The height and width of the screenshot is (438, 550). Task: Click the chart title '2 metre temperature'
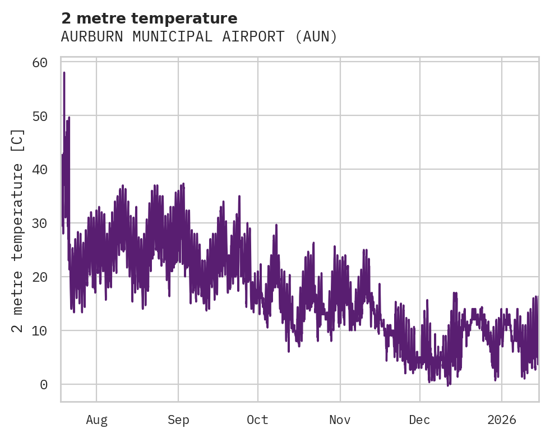pos(149,18)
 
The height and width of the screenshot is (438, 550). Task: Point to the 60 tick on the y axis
pos(39,62)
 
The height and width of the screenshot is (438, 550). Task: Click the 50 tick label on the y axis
pos(39,116)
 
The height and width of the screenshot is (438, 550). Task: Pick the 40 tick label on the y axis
pos(39,170)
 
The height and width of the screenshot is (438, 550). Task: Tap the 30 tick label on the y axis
pos(39,223)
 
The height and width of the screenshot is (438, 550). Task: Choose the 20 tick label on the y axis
pos(39,277)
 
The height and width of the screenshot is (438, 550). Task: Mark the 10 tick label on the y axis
pos(39,331)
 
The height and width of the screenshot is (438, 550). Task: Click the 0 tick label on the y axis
pos(43,385)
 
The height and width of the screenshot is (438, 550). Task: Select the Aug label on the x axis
pos(96,420)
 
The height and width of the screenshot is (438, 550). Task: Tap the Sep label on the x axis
pos(178,420)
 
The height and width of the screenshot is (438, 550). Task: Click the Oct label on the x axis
pos(258,420)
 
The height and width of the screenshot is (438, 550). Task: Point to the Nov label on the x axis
pos(340,420)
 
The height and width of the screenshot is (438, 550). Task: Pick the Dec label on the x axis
pos(419,420)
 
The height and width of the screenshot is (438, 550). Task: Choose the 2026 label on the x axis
pos(501,420)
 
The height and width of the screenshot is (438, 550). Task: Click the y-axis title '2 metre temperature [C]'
pos(19,230)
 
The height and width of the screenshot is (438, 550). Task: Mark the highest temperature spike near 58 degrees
pos(64,73)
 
